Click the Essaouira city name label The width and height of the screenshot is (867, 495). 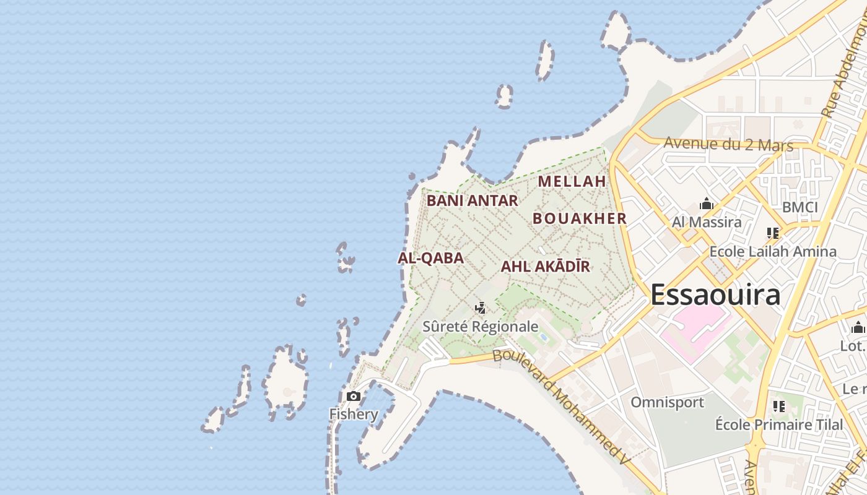(x=715, y=295)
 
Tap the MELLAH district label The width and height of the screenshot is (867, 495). (x=572, y=181)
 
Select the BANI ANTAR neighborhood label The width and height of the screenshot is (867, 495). (x=472, y=200)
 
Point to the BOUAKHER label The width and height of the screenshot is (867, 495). (x=580, y=218)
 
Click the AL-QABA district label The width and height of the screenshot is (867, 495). (x=430, y=258)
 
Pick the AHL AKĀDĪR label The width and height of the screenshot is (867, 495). (x=545, y=267)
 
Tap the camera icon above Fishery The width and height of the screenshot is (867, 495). (x=354, y=396)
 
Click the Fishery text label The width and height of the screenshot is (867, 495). (x=354, y=414)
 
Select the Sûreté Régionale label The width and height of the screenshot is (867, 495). (x=480, y=326)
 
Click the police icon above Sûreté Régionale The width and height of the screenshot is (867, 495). (x=480, y=308)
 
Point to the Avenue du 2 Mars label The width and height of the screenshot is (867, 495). (x=728, y=144)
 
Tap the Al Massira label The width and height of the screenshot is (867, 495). (x=707, y=222)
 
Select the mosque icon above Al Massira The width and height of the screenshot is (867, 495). (x=706, y=204)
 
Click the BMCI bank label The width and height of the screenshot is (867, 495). (x=800, y=207)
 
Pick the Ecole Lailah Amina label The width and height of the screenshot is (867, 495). (x=772, y=251)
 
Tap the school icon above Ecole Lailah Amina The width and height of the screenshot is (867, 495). (x=772, y=233)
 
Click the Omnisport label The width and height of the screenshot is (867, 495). (x=667, y=402)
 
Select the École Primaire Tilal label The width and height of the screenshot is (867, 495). (x=779, y=424)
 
